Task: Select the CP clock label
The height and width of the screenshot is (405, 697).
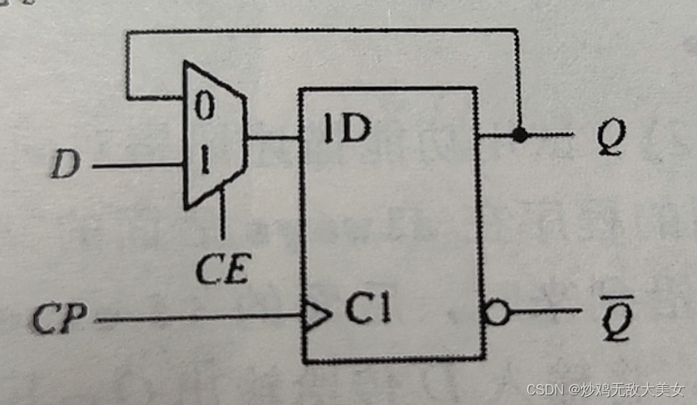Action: (x=60, y=319)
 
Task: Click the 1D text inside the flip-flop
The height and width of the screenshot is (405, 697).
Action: (x=347, y=131)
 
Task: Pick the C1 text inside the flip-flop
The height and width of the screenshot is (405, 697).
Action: (x=367, y=309)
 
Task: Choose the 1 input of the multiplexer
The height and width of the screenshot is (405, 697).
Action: (x=203, y=159)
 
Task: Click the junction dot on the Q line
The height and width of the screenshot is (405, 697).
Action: (x=518, y=135)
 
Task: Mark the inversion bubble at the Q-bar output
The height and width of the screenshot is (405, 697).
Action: (x=497, y=312)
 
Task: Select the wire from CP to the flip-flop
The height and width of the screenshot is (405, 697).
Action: (x=194, y=319)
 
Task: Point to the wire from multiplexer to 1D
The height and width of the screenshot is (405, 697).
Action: (x=273, y=137)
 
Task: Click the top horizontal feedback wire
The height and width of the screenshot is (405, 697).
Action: (x=322, y=31)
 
